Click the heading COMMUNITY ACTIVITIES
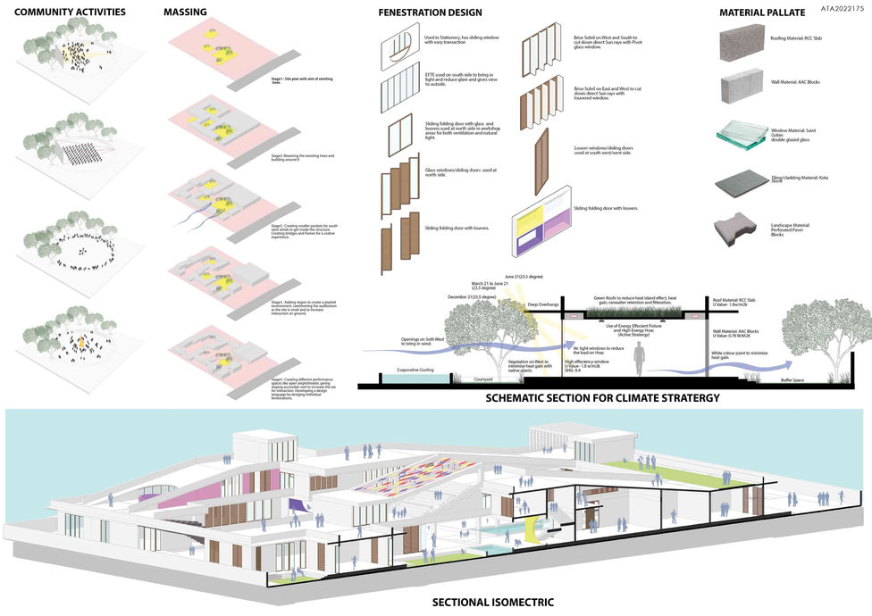(71, 12)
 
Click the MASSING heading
(186, 12)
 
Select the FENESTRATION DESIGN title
(430, 12)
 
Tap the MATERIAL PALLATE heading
(762, 12)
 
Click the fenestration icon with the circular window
(399, 44)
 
